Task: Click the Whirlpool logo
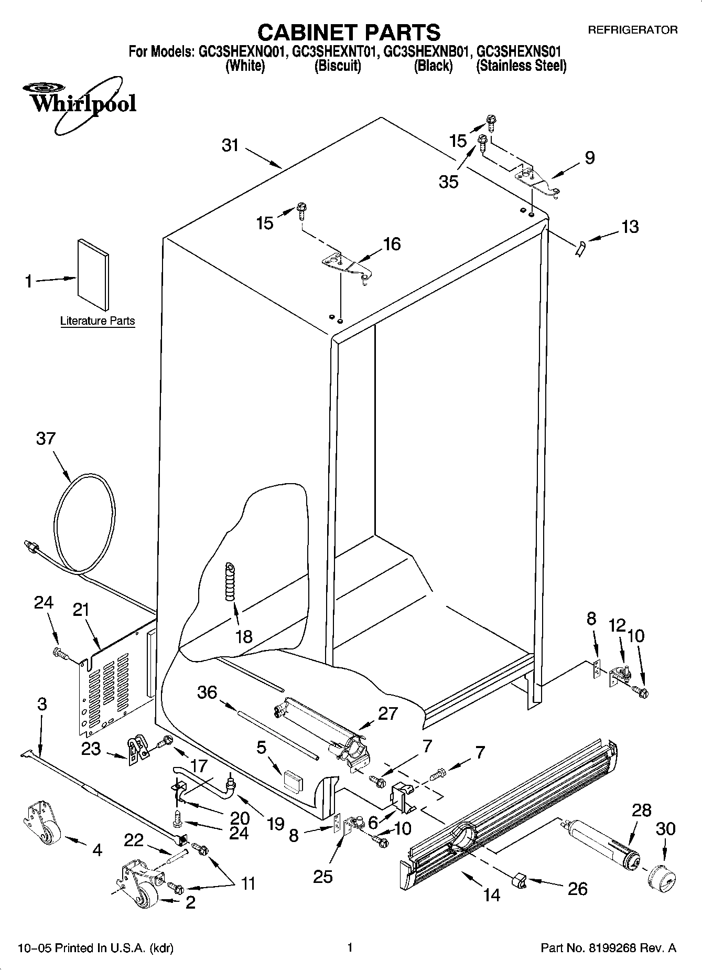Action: (82, 102)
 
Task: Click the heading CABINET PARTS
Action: (349, 32)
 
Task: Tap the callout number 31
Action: (230, 145)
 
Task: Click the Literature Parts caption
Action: (98, 321)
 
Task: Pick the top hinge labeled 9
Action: (537, 180)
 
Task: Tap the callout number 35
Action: (449, 182)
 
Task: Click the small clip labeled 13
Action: (579, 249)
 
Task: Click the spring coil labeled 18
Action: (230, 582)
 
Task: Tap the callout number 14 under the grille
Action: (491, 895)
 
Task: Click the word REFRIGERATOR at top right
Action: (632, 30)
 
